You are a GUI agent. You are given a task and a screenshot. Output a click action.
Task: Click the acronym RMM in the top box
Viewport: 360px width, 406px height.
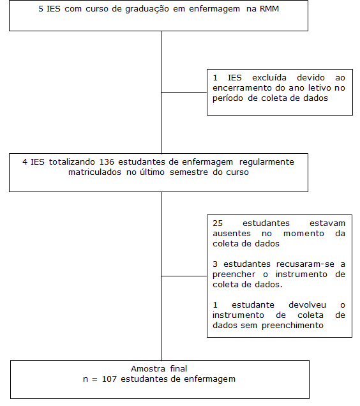[x=269, y=9]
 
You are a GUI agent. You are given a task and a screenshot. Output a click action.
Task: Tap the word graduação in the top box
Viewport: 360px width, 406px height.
[x=147, y=10]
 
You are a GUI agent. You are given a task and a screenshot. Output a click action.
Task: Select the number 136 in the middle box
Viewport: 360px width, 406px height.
[x=107, y=162]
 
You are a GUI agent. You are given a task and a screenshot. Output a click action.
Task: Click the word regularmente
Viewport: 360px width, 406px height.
[x=267, y=163]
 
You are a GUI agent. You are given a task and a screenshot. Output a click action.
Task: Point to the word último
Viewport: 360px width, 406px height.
[x=152, y=172]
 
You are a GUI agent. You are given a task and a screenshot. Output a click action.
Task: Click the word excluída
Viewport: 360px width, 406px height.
[x=269, y=78]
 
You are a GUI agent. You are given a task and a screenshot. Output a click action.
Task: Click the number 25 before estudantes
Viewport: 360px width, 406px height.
[x=218, y=223]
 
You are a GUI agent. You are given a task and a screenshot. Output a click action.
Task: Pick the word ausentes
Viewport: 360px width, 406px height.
[x=232, y=234]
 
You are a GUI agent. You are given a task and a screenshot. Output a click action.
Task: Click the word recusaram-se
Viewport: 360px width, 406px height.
[x=305, y=264]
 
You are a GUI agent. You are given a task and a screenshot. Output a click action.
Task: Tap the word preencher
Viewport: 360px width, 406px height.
[x=234, y=275]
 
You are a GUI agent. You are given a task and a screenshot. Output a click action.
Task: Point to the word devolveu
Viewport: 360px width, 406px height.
[x=307, y=305]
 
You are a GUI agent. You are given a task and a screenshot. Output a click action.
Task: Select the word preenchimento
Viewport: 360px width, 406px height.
[x=292, y=326]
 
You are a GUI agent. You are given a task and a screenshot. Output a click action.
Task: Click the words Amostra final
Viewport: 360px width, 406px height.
[x=159, y=369]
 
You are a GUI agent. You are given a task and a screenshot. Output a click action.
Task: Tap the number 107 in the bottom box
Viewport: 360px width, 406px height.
[x=109, y=379]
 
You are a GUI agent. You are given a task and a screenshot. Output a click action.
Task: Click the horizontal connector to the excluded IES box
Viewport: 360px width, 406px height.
[x=184, y=92]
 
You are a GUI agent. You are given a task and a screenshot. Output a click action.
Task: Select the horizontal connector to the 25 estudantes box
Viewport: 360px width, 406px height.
[x=184, y=276]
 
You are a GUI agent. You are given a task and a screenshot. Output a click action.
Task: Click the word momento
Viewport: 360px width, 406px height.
[x=304, y=234]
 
